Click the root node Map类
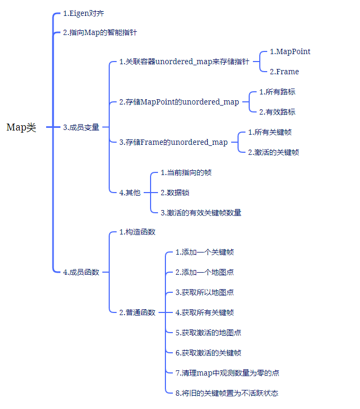21,127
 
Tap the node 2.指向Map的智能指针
100,32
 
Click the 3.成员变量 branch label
81,127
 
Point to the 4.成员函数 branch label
81,272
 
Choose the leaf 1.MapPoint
290,51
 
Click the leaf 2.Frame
284,72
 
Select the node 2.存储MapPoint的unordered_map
179,102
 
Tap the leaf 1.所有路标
277,92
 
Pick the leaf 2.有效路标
277,112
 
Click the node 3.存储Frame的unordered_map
173,142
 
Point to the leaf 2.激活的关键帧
273,152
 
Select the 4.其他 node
130,193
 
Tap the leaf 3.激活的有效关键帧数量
201,213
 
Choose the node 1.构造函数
137,232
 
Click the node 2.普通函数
137,312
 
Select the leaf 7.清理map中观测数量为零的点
227,373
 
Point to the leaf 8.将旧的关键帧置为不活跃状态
227,393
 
